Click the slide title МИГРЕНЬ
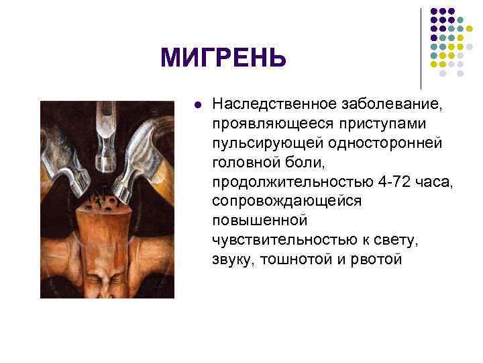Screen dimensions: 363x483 click(x=223, y=59)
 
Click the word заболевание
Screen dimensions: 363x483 click(x=395, y=104)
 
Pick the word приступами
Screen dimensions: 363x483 click(x=371, y=124)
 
